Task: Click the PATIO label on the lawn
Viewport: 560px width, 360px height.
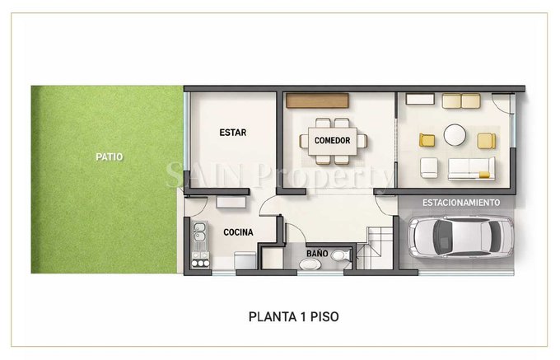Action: click(x=110, y=157)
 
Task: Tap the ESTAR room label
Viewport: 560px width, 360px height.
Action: click(x=233, y=133)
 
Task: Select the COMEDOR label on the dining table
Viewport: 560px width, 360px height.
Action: click(x=332, y=140)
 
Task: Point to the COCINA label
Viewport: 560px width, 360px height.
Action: click(x=238, y=232)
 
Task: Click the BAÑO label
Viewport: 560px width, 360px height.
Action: click(x=317, y=253)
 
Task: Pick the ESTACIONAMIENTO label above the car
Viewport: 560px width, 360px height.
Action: click(x=461, y=203)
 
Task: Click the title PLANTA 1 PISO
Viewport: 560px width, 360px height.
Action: click(x=293, y=317)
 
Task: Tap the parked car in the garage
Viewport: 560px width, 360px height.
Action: click(x=460, y=236)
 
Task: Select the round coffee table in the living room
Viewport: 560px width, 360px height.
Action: click(x=455, y=135)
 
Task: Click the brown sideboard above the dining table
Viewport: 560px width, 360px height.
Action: click(x=317, y=101)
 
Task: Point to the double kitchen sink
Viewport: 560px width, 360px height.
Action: click(x=199, y=231)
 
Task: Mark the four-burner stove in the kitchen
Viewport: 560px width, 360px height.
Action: click(x=200, y=259)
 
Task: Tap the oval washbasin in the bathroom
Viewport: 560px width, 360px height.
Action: click(x=310, y=264)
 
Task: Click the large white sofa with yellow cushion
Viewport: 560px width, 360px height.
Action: click(x=471, y=168)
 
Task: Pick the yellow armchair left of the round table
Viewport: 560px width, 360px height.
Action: click(x=427, y=140)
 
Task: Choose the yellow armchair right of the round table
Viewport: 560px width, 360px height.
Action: click(x=487, y=141)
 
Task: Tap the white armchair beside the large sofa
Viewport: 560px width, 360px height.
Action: click(x=429, y=167)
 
